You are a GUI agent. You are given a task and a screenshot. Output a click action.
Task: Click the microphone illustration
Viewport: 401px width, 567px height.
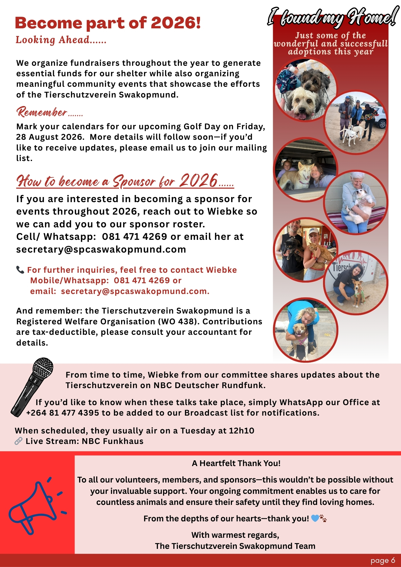coord(32,387)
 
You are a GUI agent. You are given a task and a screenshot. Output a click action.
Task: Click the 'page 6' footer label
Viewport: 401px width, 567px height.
coord(383,560)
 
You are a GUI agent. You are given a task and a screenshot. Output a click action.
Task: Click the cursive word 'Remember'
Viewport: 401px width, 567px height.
coord(42,112)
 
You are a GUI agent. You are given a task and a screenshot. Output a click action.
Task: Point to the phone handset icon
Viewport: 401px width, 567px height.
coord(20,270)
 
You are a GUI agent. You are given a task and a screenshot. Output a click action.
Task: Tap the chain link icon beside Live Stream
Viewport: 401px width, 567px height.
coord(18,441)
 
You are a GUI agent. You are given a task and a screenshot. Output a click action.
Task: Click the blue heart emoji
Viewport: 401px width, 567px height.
coord(315,519)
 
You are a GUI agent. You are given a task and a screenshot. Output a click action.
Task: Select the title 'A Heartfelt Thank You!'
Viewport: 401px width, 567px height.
coord(236,463)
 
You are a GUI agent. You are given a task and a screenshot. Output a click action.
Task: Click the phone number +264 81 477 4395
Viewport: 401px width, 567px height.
coord(62,413)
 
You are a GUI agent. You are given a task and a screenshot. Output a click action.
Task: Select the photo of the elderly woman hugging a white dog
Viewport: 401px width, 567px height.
coord(356,202)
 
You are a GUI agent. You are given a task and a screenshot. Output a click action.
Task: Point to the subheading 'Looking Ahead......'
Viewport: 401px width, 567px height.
coord(61,40)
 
